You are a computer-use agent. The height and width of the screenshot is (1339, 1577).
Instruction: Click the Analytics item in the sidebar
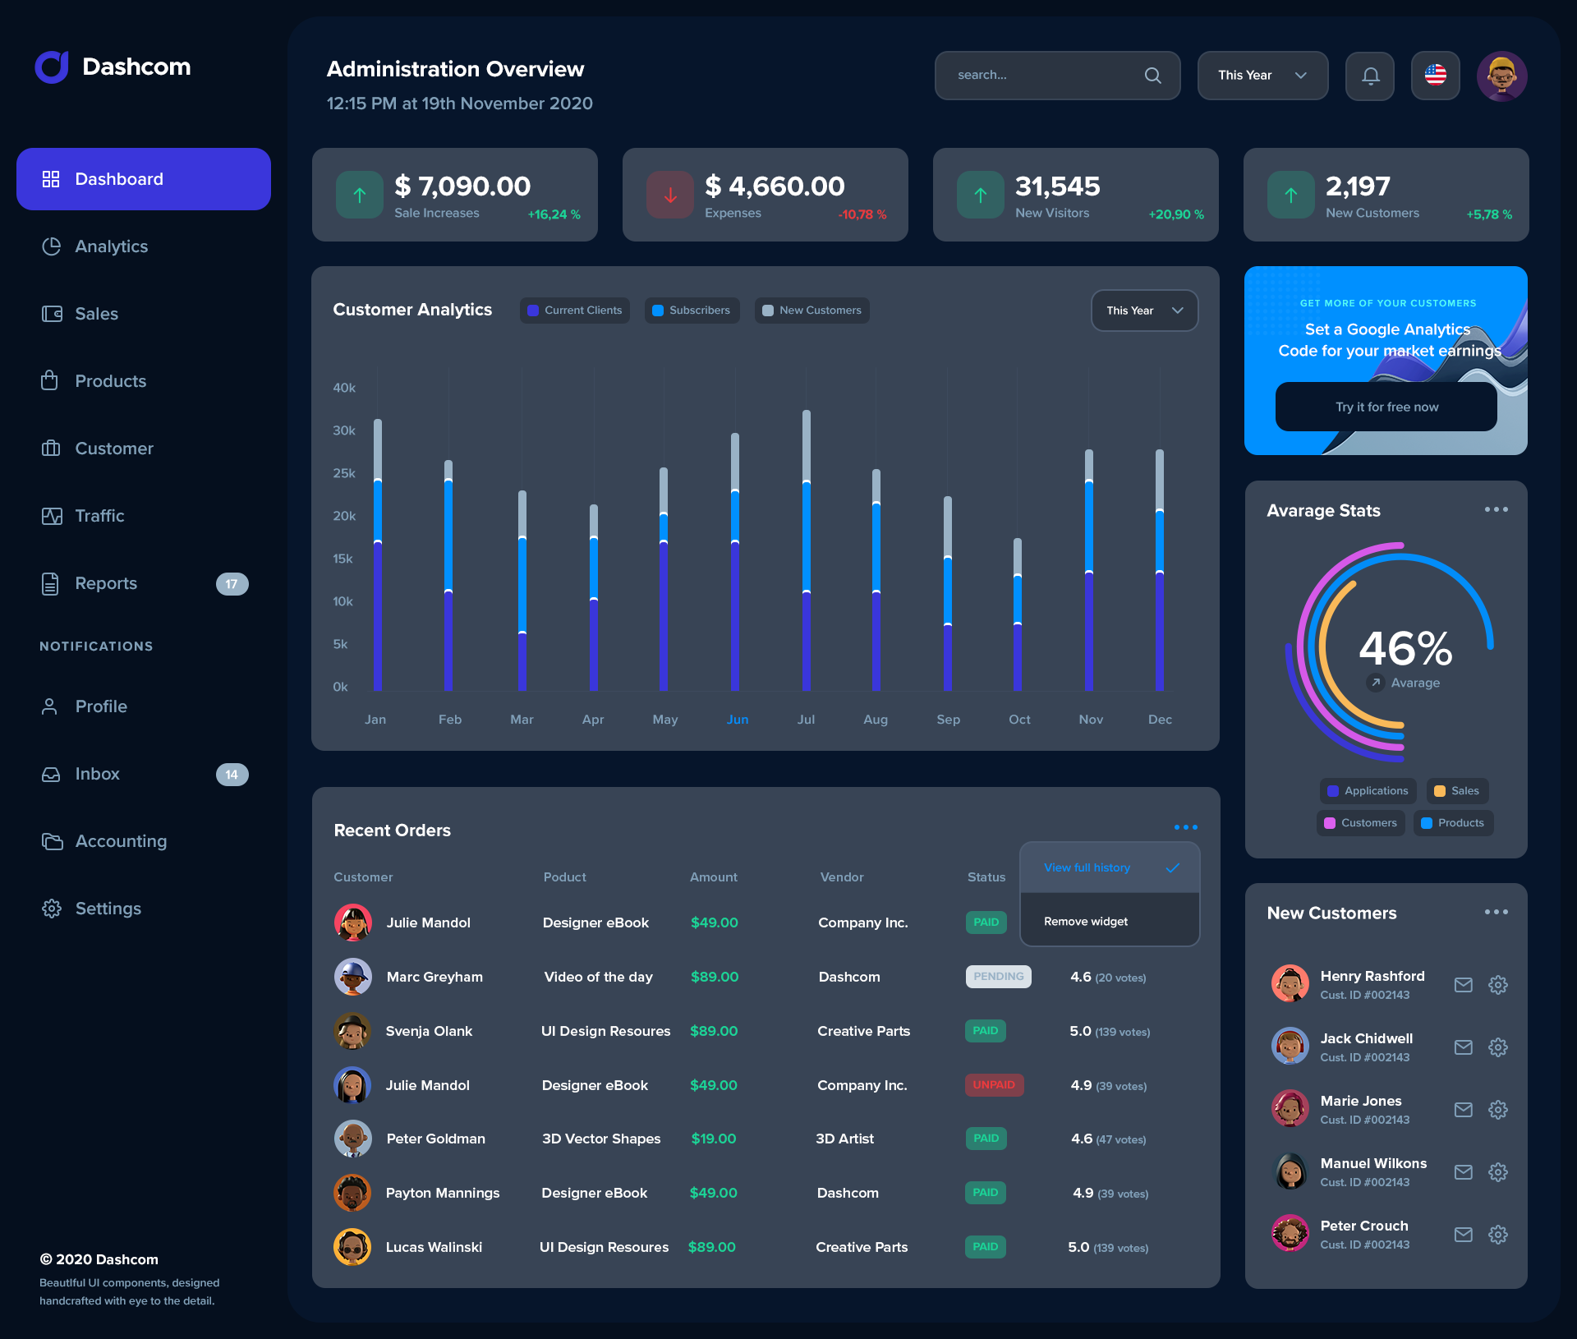(111, 246)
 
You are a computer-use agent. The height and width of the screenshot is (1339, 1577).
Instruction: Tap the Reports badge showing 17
(232, 584)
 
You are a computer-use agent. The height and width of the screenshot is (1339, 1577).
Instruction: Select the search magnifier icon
(1152, 76)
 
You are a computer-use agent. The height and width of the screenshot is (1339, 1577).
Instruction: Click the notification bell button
(1370, 76)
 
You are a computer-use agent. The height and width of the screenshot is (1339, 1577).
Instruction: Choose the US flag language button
(1435, 76)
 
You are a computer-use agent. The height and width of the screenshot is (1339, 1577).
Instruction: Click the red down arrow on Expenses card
(670, 196)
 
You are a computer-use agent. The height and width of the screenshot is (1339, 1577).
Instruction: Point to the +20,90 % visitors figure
(1175, 214)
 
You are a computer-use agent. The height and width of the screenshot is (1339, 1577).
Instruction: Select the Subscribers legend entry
(692, 311)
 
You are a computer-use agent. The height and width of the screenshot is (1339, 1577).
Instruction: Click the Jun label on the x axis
(737, 720)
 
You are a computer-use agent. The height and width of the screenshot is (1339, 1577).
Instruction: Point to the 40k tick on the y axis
(344, 388)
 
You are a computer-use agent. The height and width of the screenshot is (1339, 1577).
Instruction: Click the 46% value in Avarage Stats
(1405, 649)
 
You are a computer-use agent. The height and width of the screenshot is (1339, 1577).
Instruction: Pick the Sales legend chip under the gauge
(1457, 791)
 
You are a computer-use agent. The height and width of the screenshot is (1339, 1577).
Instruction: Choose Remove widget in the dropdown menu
(1085, 922)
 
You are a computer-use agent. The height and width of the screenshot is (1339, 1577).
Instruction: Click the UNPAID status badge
(994, 1085)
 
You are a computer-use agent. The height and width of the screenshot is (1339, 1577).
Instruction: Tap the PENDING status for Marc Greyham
(998, 977)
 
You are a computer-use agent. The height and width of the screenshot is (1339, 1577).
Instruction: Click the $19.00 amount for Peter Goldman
(713, 1139)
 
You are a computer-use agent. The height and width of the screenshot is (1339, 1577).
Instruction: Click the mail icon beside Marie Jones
(1463, 1110)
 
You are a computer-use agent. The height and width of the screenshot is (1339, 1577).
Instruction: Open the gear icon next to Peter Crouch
(1497, 1235)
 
